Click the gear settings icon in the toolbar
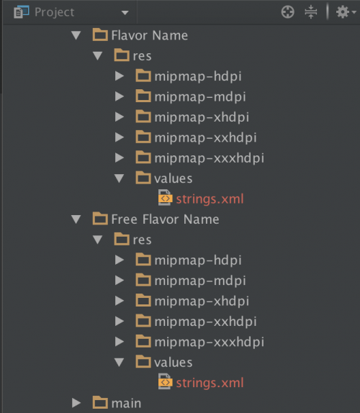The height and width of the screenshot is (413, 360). (343, 12)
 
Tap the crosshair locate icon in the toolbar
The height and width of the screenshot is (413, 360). (287, 12)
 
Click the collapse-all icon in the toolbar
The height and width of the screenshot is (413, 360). (311, 12)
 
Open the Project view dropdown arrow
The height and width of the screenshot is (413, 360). (125, 12)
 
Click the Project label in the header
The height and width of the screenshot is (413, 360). (55, 12)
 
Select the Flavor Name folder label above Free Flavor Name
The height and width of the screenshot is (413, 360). (150, 35)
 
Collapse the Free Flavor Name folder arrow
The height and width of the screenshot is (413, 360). (76, 219)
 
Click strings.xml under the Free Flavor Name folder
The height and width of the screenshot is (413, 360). (210, 383)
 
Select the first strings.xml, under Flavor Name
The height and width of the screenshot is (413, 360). (210, 199)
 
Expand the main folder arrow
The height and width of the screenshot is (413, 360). (76, 403)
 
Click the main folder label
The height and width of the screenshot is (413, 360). (126, 403)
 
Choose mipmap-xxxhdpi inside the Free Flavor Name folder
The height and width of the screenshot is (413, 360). (210, 342)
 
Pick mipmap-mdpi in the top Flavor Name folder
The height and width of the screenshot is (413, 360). (200, 97)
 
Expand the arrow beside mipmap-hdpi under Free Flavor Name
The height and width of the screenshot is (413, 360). (120, 260)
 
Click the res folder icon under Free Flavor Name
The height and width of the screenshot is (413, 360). (122, 239)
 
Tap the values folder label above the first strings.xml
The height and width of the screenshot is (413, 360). (173, 178)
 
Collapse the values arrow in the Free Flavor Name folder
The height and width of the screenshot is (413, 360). (119, 362)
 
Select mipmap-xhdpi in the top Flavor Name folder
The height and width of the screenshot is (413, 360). (202, 117)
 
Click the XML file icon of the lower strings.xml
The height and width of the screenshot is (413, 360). (166, 381)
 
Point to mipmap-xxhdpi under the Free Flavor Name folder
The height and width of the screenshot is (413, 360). (206, 322)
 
